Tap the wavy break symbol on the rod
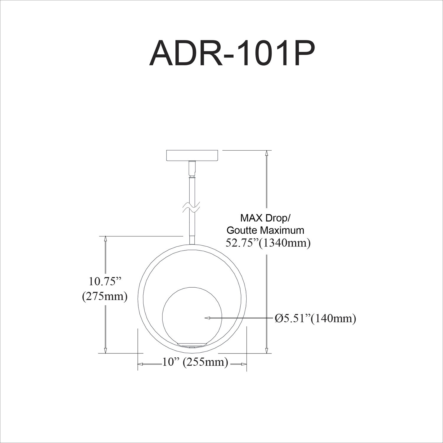tap(192, 207)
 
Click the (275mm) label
tap(105, 296)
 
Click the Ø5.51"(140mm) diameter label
tap(315, 318)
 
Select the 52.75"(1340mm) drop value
tap(268, 243)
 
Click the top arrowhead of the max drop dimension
tap(267, 153)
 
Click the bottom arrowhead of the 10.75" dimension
tap(105, 350)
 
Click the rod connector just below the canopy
tap(192, 168)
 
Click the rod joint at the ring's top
tap(192, 240)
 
